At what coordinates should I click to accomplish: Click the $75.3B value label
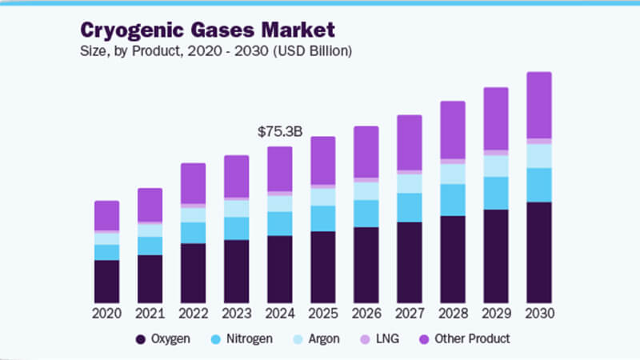(279, 132)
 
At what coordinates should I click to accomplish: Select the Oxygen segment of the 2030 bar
(538, 252)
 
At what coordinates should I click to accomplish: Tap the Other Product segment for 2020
(106, 215)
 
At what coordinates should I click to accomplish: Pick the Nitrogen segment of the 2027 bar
(409, 207)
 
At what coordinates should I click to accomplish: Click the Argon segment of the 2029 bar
(495, 166)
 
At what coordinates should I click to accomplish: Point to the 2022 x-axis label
(193, 312)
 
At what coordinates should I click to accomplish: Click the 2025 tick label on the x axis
(322, 312)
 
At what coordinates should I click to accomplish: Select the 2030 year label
(538, 312)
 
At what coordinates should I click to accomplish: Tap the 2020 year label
(106, 312)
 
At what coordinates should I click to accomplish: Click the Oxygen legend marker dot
(142, 339)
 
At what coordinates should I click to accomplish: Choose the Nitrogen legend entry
(244, 339)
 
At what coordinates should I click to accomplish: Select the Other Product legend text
(471, 339)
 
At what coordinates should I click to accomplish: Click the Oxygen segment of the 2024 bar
(279, 269)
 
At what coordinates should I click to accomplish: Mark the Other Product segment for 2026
(366, 152)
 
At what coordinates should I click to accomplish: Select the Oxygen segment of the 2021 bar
(150, 278)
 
